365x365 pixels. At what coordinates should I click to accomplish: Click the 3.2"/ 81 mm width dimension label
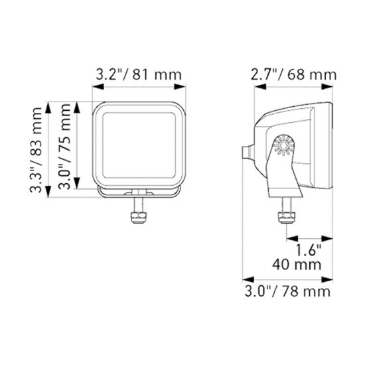coord(139,75)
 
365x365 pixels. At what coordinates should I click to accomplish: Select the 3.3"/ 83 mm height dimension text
coord(36,150)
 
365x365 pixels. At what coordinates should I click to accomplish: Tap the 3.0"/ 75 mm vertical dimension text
coord(64,147)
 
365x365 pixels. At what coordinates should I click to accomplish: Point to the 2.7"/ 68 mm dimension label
coord(293,75)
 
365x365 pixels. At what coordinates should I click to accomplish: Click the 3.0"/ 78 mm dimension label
coord(287,291)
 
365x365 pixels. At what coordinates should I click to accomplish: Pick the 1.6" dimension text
coord(309,250)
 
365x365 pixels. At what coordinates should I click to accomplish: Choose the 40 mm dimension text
coord(297,264)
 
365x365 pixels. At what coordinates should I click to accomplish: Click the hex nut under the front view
coord(139,218)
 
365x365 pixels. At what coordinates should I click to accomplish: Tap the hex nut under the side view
coord(287,218)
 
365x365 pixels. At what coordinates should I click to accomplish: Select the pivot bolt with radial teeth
coord(284,145)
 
